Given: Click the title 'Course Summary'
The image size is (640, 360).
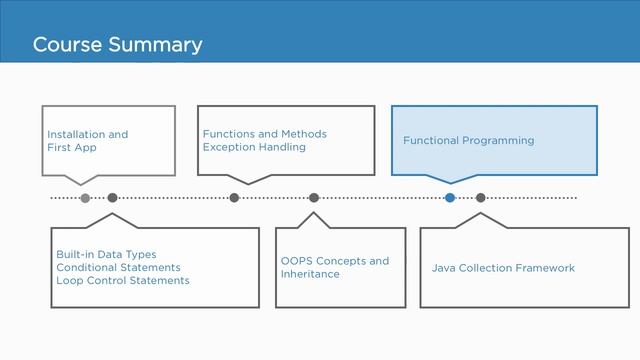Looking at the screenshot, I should pos(117,45).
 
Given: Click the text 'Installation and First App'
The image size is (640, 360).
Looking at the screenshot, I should pos(88,141).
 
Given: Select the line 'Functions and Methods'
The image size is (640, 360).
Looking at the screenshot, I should pos(264,134).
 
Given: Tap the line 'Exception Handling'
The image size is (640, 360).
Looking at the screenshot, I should pos(254,147).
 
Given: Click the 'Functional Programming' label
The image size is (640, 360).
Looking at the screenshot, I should pos(468,141).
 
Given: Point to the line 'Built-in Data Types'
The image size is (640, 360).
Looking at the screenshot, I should pos(106,254).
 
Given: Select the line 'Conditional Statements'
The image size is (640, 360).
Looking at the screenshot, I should pos(118,267).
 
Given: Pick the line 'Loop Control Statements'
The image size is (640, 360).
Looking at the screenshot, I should pos(122,281).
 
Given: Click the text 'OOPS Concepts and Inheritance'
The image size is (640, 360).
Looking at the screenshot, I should pos(335,267).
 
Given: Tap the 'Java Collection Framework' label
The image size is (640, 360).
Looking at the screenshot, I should pos(503,268).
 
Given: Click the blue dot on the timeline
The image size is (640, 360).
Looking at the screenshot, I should pos(450,198).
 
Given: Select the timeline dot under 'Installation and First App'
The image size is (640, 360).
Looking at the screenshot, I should pos(85,198).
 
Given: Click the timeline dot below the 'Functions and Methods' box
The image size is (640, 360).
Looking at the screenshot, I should pos(234,198).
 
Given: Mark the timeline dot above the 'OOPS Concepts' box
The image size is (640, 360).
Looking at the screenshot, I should pos(314,198).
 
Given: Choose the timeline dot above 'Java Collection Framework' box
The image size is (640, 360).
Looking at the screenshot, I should pos(481,198).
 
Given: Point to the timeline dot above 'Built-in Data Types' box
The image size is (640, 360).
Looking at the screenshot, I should pos(112,198).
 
